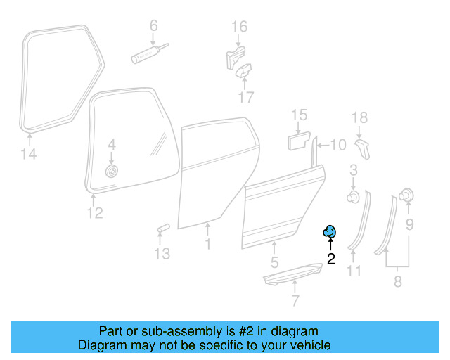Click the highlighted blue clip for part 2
[x=329, y=231]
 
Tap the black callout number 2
[x=331, y=259]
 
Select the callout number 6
[x=154, y=25]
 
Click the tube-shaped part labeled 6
[x=150, y=53]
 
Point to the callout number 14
[x=29, y=153]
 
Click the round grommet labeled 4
[x=112, y=172]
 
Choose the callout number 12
[x=95, y=213]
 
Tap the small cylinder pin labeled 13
[x=164, y=229]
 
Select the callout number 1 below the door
[x=208, y=244]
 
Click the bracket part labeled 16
[x=236, y=58]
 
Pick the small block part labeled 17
[x=244, y=70]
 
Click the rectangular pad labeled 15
[x=299, y=141]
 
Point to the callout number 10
[x=338, y=145]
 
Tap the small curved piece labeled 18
[x=363, y=149]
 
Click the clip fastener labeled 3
[x=353, y=196]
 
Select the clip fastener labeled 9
[x=406, y=195]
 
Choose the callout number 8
[x=398, y=281]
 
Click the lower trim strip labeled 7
[x=292, y=274]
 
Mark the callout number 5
[x=275, y=262]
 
